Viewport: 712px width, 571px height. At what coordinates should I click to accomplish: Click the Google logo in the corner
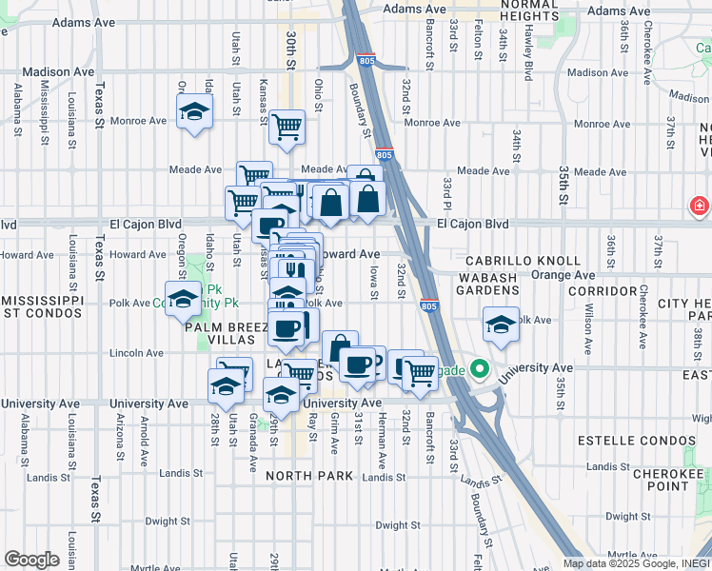tap(31, 560)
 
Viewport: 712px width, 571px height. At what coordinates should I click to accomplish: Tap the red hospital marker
tap(700, 206)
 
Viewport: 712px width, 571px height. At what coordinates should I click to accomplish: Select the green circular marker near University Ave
tap(479, 369)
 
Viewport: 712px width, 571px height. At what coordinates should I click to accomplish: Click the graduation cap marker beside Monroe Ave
tap(194, 113)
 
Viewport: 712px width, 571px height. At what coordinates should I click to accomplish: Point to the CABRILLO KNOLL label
tap(523, 261)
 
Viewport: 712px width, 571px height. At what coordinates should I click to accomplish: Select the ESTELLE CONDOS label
tap(631, 441)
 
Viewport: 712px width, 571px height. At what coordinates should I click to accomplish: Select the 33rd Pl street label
tap(447, 193)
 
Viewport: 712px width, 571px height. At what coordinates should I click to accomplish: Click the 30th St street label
tap(290, 43)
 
